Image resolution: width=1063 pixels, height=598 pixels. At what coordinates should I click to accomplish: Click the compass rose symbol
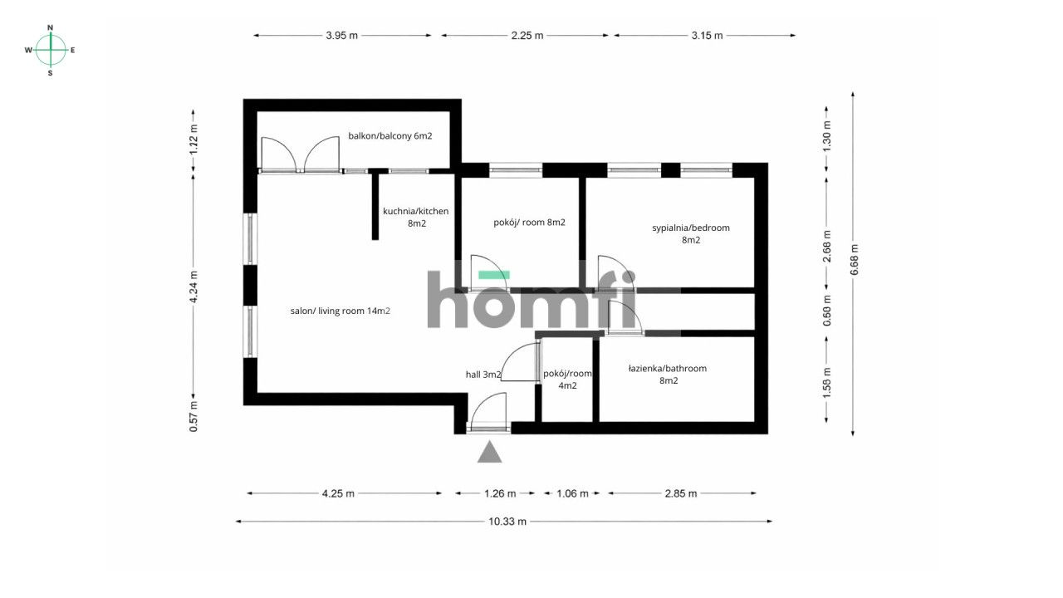click(51, 50)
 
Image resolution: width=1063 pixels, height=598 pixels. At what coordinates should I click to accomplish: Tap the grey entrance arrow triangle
click(490, 452)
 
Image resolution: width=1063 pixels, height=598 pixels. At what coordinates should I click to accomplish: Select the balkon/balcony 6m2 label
click(389, 136)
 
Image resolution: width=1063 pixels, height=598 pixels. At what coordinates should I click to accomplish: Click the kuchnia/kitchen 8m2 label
click(415, 218)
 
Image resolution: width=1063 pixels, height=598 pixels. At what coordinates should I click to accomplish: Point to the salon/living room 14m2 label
click(340, 311)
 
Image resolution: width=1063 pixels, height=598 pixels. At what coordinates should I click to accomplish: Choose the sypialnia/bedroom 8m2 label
click(691, 233)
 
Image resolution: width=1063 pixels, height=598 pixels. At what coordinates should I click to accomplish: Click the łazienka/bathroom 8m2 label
click(668, 375)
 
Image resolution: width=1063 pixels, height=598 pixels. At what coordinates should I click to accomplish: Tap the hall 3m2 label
click(483, 375)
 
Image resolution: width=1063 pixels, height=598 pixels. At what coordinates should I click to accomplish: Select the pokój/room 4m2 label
click(567, 380)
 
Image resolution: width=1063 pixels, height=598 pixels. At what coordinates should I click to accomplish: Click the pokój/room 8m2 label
click(529, 223)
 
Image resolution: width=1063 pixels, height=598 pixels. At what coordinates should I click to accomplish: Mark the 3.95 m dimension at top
click(342, 36)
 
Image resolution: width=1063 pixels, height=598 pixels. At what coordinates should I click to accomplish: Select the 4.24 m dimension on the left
click(193, 287)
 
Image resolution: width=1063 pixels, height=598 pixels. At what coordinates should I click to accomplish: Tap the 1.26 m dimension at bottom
click(498, 493)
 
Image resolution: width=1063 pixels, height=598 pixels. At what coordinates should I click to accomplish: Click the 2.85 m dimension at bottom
click(682, 493)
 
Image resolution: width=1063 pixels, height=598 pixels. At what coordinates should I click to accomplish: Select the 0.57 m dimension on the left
click(193, 416)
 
